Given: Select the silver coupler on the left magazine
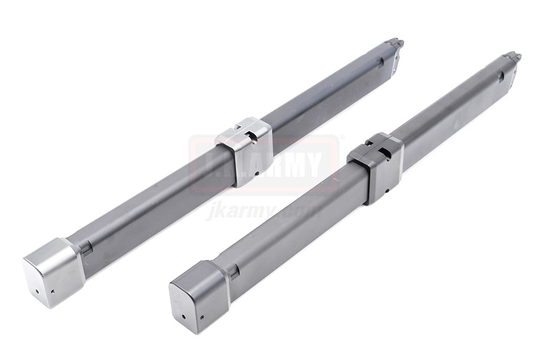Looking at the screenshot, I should (x=243, y=151).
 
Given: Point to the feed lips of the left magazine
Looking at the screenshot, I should (x=394, y=44).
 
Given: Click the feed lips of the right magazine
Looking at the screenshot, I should (x=512, y=57).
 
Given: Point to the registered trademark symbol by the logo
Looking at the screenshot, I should (x=341, y=137).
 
